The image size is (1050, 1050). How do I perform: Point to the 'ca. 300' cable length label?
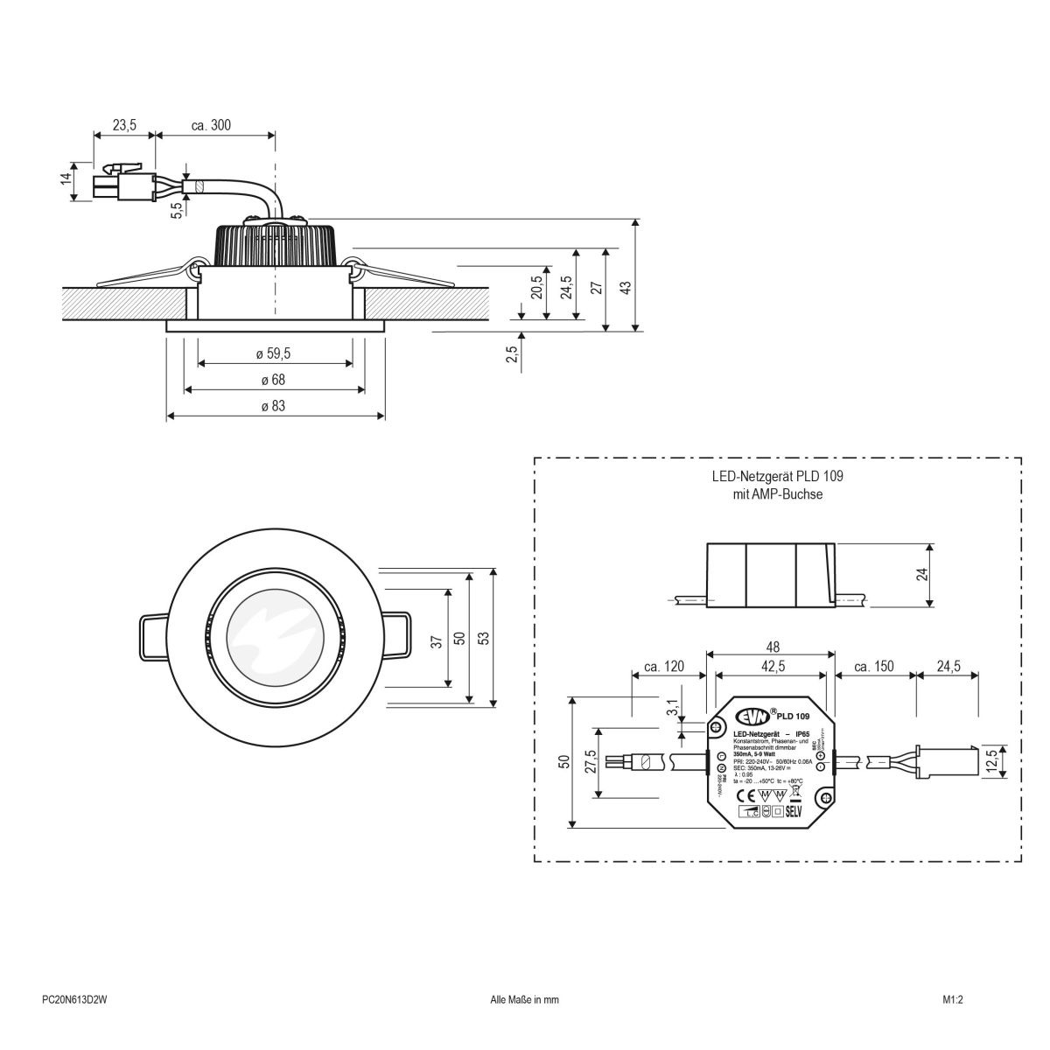211,126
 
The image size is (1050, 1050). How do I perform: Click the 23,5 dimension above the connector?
124,126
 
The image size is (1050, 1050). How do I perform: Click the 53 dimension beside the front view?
481,635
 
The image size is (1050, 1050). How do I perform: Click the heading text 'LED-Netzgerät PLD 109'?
776,478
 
